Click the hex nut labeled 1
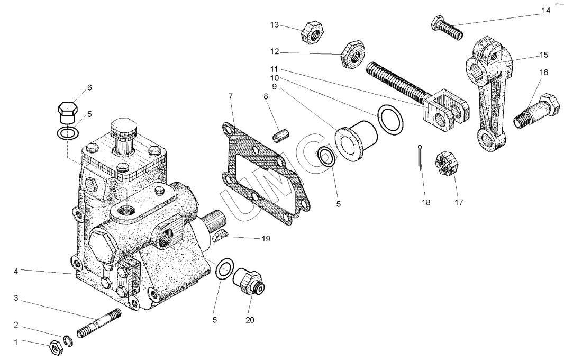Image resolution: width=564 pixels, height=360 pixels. tap(54, 347)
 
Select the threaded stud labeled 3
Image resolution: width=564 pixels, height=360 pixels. tap(99, 324)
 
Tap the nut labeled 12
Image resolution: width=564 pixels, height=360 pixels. tap(350, 55)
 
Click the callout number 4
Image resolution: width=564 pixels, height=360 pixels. tap(16, 272)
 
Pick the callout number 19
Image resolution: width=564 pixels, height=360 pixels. tap(266, 239)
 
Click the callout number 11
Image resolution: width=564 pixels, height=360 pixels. tap(274, 69)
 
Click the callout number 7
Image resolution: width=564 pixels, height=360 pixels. tap(230, 96)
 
